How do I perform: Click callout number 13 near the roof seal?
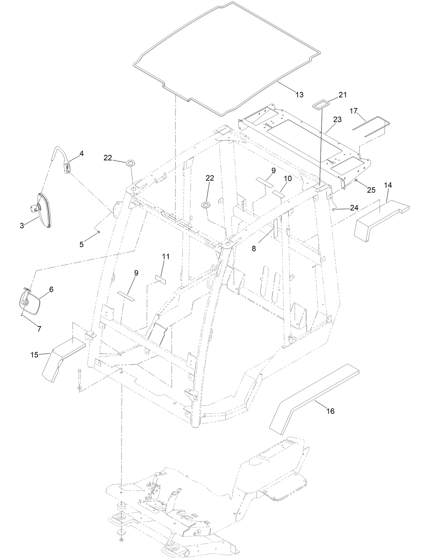pyautogui.click(x=299, y=95)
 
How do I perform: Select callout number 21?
pyautogui.click(x=343, y=95)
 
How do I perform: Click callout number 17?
pyautogui.click(x=353, y=111)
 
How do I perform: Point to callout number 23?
pyautogui.click(x=338, y=120)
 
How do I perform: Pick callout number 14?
pyautogui.click(x=388, y=185)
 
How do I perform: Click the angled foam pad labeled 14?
pyautogui.click(x=378, y=221)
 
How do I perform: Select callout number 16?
pyautogui.click(x=330, y=411)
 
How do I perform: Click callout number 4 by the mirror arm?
pyautogui.click(x=81, y=154)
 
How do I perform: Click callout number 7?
pyautogui.click(x=39, y=329)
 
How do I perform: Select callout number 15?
pyautogui.click(x=34, y=355)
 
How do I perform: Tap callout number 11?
pyautogui.click(x=166, y=257)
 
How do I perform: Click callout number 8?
pyautogui.click(x=263, y=249)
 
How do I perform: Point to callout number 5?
pyautogui.click(x=82, y=244)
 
